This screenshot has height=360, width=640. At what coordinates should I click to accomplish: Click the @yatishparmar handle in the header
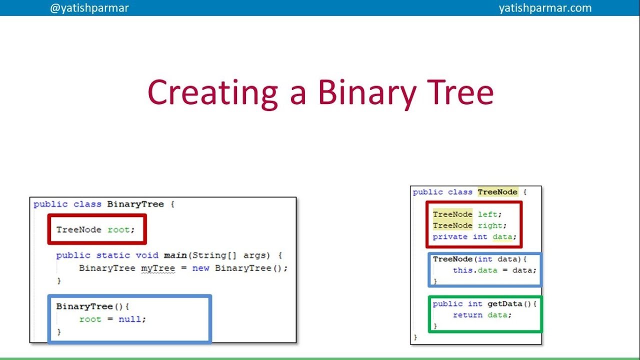(89, 8)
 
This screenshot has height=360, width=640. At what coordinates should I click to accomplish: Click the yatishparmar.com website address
(545, 8)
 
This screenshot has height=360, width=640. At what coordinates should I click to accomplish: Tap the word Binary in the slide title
(366, 92)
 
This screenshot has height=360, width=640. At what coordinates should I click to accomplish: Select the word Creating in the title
(212, 92)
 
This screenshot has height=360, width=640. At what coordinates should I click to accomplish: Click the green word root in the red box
(118, 230)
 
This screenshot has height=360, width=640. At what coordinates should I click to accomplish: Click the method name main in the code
(175, 255)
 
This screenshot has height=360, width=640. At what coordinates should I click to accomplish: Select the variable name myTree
(158, 268)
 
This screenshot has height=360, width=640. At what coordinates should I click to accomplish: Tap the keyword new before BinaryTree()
(200, 268)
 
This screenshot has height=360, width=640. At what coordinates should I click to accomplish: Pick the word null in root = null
(129, 319)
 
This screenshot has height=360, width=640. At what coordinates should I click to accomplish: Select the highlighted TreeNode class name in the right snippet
(497, 192)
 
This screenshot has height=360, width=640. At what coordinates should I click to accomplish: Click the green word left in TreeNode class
(487, 214)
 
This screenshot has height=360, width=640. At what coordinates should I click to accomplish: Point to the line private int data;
(474, 237)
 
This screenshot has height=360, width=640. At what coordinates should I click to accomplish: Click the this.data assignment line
(494, 270)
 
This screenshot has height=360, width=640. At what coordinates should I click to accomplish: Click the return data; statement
(482, 315)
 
